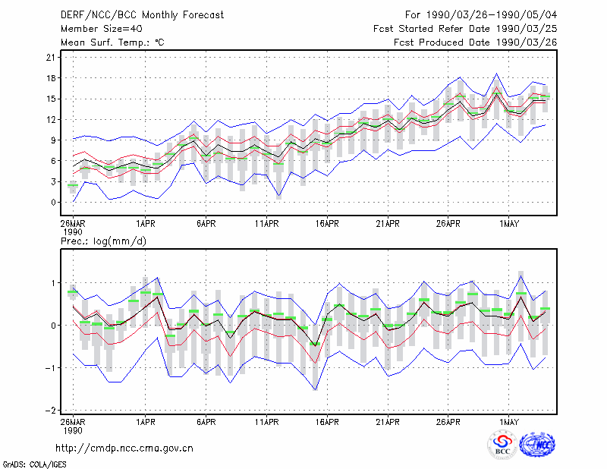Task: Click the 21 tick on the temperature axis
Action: coord(51,58)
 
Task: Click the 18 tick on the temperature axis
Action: coord(51,78)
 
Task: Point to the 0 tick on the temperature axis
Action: coord(53,202)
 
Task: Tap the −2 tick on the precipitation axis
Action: coord(50,410)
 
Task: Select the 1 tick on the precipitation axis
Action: coord(53,283)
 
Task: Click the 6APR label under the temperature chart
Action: coord(206,224)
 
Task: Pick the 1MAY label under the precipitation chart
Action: coord(509,422)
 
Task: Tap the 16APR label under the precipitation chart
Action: coord(327,422)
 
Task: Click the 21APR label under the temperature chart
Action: coord(388,224)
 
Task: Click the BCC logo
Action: coord(502,445)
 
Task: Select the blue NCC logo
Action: coord(537,445)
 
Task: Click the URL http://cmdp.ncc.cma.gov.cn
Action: coord(124,449)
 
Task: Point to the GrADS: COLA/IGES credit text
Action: coord(34,464)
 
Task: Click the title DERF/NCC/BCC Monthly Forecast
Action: coord(142,15)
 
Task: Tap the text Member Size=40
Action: coord(102,29)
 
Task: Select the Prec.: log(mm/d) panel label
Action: coord(103,241)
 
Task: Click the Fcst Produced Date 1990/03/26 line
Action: coord(476,42)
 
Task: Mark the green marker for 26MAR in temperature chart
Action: coord(73,185)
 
